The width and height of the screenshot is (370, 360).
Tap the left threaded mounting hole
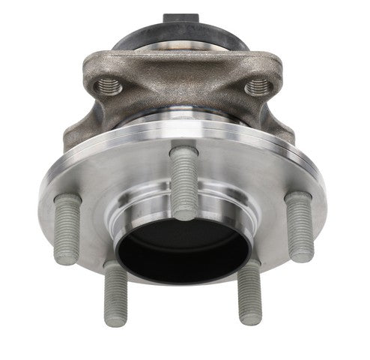(110, 85)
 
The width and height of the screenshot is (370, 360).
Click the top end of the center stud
(184, 152)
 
